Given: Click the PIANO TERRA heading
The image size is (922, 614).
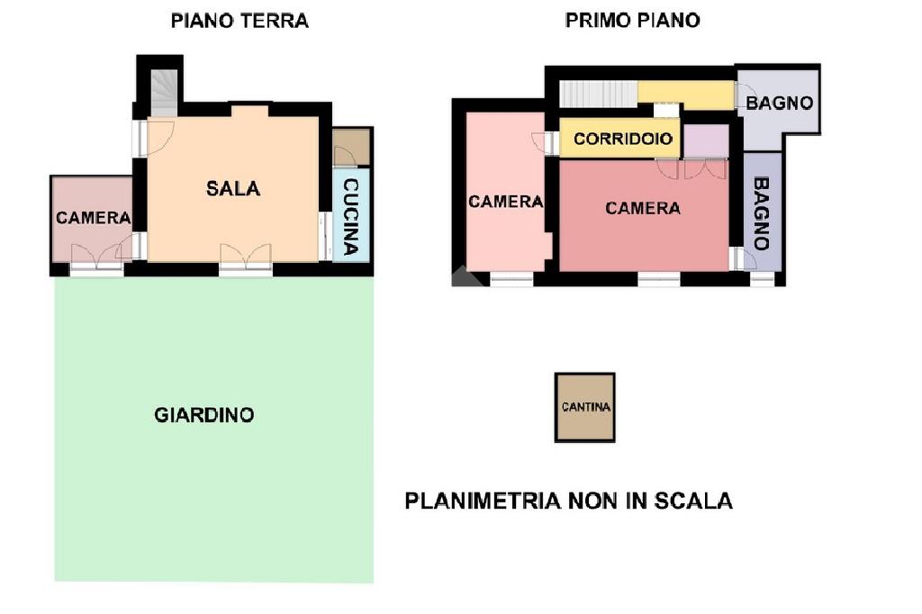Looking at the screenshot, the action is click(x=240, y=22).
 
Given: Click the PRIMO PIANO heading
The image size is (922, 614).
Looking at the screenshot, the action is click(x=632, y=21).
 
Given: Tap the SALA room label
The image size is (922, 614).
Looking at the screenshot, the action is click(x=233, y=189).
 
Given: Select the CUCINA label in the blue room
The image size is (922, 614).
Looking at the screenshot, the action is click(x=350, y=216).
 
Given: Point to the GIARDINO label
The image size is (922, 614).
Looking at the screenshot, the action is click(x=204, y=415).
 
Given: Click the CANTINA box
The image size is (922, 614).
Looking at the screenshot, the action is click(x=585, y=407).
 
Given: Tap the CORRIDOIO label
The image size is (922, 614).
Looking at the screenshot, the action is click(x=623, y=139).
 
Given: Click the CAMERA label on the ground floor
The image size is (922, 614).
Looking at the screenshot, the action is click(x=93, y=218).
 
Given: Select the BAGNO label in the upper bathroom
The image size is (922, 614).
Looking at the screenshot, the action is click(x=779, y=104).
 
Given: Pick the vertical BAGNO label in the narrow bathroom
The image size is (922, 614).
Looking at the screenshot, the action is click(x=761, y=213).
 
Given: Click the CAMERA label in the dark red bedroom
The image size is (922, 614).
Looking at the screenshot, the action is click(x=643, y=208).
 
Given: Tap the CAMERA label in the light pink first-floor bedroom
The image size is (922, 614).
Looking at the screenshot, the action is click(x=506, y=202).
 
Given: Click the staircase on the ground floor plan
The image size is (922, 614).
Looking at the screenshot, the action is click(x=164, y=93).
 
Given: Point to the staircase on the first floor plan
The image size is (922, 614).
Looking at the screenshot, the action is click(x=598, y=95).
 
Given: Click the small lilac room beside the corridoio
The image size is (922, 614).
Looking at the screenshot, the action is click(x=706, y=141).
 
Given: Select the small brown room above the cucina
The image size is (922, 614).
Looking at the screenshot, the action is click(x=351, y=147).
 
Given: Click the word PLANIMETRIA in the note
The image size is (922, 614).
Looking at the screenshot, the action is click(x=483, y=501).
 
